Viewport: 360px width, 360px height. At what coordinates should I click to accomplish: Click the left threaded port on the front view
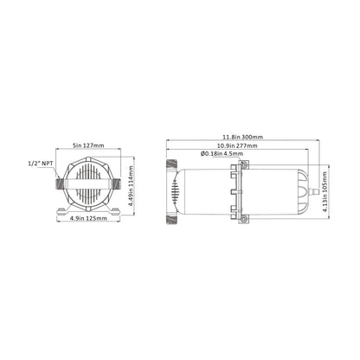click(x=58, y=183)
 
